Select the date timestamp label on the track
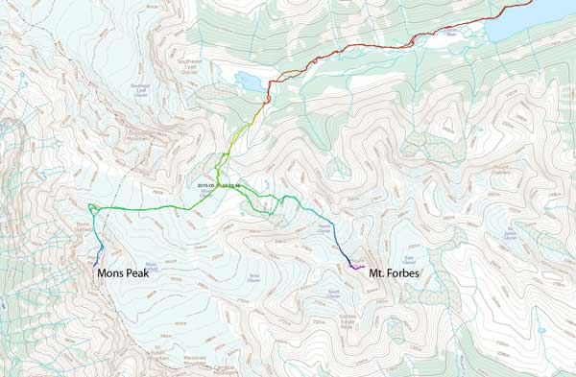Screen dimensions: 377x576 point(217,183)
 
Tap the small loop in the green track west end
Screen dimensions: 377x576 point(92,208)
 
